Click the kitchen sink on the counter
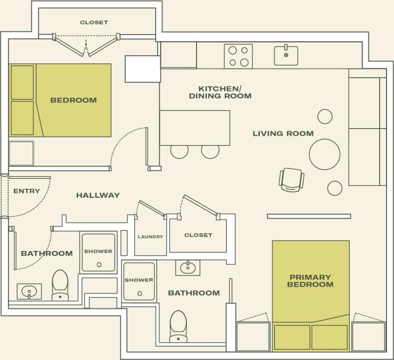[x=286, y=55]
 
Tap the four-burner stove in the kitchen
[x=238, y=56]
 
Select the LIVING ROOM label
[x=283, y=133]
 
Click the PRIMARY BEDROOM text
[x=310, y=281]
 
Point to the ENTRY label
[x=27, y=191]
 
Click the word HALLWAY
[x=98, y=195]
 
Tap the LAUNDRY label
[x=150, y=237]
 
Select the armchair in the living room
[x=291, y=179]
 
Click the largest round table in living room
[x=324, y=154]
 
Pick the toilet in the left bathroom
[x=60, y=284]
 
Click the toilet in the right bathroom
[x=178, y=325]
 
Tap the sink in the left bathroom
[x=29, y=291]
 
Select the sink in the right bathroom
[x=187, y=267]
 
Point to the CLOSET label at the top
[x=94, y=22]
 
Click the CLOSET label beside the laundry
[x=198, y=235]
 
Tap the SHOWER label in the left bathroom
[x=98, y=251]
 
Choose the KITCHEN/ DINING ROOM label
[x=220, y=92]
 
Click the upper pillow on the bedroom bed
[x=22, y=82]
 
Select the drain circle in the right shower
[x=139, y=293]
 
